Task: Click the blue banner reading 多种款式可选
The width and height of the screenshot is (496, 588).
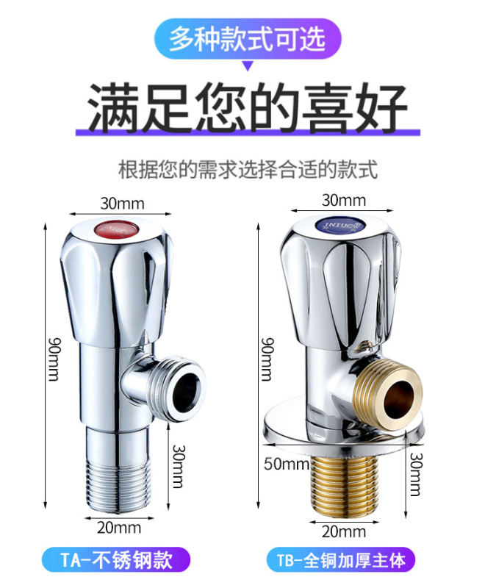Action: point(247,39)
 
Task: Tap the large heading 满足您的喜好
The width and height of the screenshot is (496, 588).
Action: point(248,107)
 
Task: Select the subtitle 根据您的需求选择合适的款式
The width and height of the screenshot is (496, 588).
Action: point(248,171)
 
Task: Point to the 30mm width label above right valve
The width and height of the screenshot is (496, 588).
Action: point(343,200)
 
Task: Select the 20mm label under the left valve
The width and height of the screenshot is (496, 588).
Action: point(119,526)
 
